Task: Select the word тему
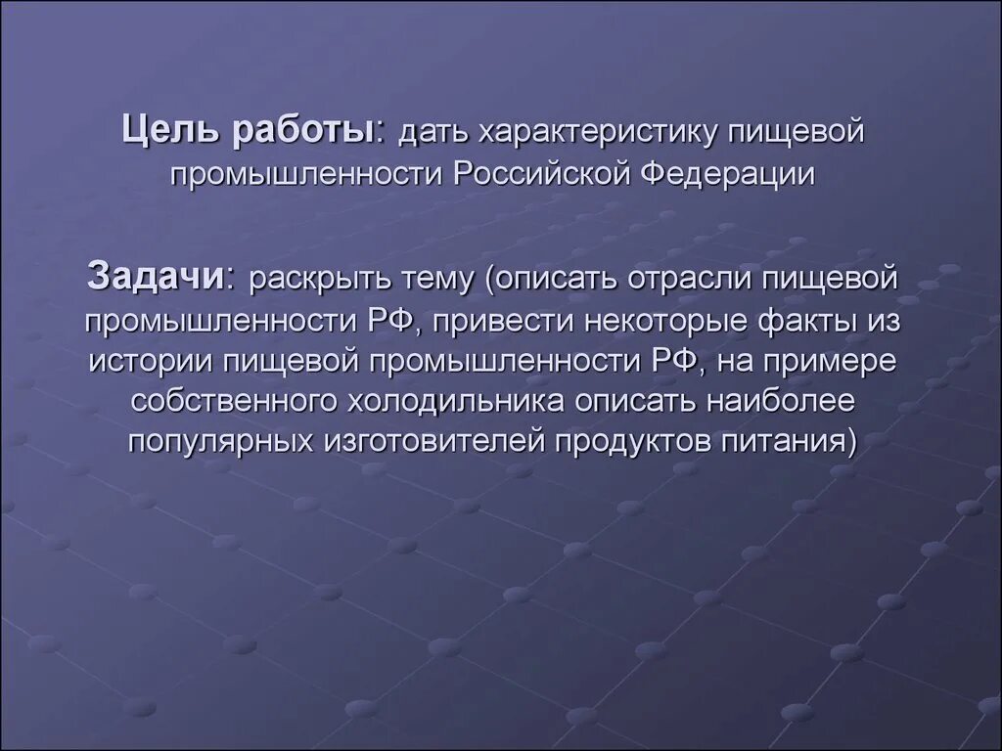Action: pyautogui.click(x=436, y=281)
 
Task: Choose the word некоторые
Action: pyautogui.click(x=687, y=321)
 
